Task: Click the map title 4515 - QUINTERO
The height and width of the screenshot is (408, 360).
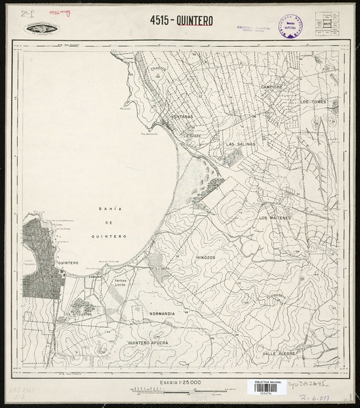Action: tap(180, 20)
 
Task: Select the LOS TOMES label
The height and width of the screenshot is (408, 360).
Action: tap(314, 101)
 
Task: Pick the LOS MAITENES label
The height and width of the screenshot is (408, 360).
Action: tap(275, 218)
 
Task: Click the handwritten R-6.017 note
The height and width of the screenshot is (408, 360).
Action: tap(317, 392)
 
